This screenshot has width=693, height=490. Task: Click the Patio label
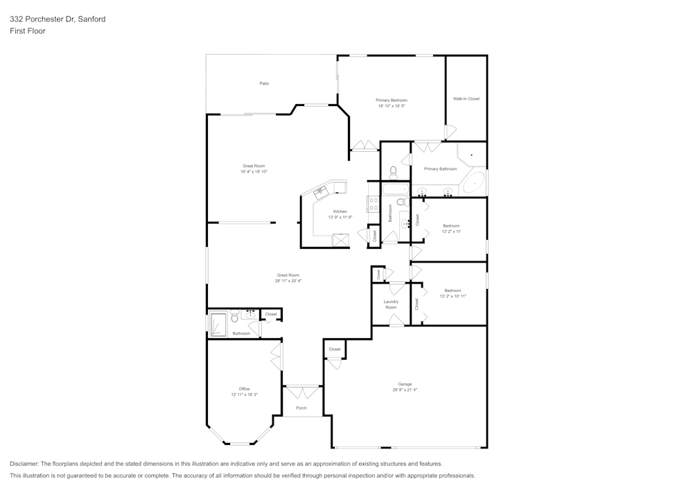click(x=264, y=83)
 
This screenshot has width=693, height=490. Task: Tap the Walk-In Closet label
click(x=466, y=98)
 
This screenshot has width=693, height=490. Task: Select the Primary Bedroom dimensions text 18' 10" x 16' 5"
click(x=392, y=106)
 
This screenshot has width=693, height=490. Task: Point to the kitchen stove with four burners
click(x=373, y=204)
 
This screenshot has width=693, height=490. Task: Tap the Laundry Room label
click(x=391, y=304)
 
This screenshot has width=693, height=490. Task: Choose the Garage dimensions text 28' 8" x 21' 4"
click(x=405, y=390)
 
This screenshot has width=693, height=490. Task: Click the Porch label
click(x=301, y=408)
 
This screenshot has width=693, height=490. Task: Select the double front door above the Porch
click(x=301, y=393)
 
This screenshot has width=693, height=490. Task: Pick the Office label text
click(x=244, y=389)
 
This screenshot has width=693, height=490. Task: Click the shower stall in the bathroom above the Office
click(x=218, y=324)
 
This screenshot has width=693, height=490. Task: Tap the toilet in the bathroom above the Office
click(x=235, y=318)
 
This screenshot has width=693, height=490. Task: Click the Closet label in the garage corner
click(x=335, y=349)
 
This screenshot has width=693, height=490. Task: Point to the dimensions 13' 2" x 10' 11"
click(x=453, y=296)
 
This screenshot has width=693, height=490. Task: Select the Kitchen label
click(x=340, y=211)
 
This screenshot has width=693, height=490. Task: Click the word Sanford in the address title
click(x=92, y=19)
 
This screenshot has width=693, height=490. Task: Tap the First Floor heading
click(x=28, y=31)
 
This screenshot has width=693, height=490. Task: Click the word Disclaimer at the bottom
click(x=24, y=464)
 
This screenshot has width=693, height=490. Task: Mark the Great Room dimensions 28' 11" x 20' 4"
click(x=288, y=281)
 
